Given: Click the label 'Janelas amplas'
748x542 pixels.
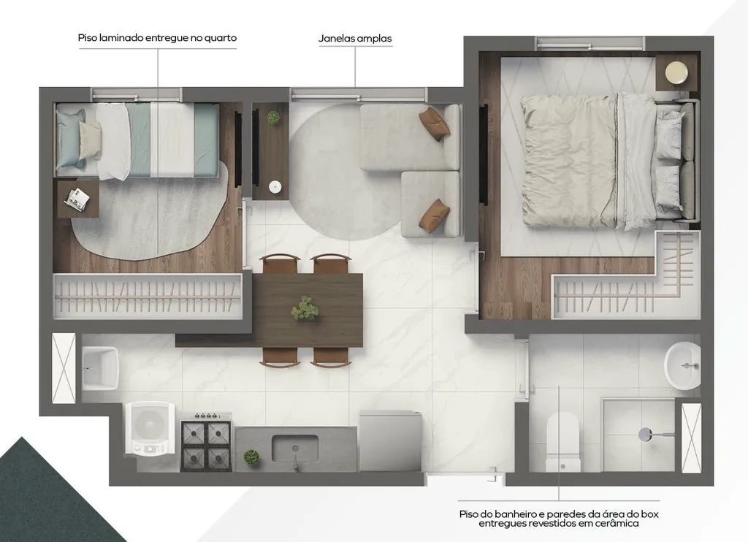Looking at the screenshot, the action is point(355,39).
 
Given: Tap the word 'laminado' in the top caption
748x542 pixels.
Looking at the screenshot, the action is point(121,38).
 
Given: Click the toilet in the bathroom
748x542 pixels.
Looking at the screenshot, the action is point(563,442).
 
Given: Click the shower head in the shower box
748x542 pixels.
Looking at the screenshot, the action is point(646,435).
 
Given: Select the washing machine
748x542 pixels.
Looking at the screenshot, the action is point(150,427).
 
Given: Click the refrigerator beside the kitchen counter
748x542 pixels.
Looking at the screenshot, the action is point(391,441).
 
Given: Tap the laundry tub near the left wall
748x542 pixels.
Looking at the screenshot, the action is point(99,368).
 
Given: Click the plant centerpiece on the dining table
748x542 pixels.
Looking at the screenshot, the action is point(305,308).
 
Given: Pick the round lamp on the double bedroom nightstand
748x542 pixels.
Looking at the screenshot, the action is point(676,73).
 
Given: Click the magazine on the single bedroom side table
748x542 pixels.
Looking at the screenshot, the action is point(77,199).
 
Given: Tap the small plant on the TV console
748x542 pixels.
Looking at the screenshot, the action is point(273,118).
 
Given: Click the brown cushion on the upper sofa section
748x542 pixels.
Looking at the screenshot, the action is point(435,123).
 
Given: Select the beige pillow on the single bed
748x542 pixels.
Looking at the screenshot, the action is point(90,140).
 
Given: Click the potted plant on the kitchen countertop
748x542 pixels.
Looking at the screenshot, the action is point(251,457).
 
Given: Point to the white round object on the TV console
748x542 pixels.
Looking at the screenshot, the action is point(275,186).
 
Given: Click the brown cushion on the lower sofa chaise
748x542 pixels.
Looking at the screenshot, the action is point(434,215).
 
